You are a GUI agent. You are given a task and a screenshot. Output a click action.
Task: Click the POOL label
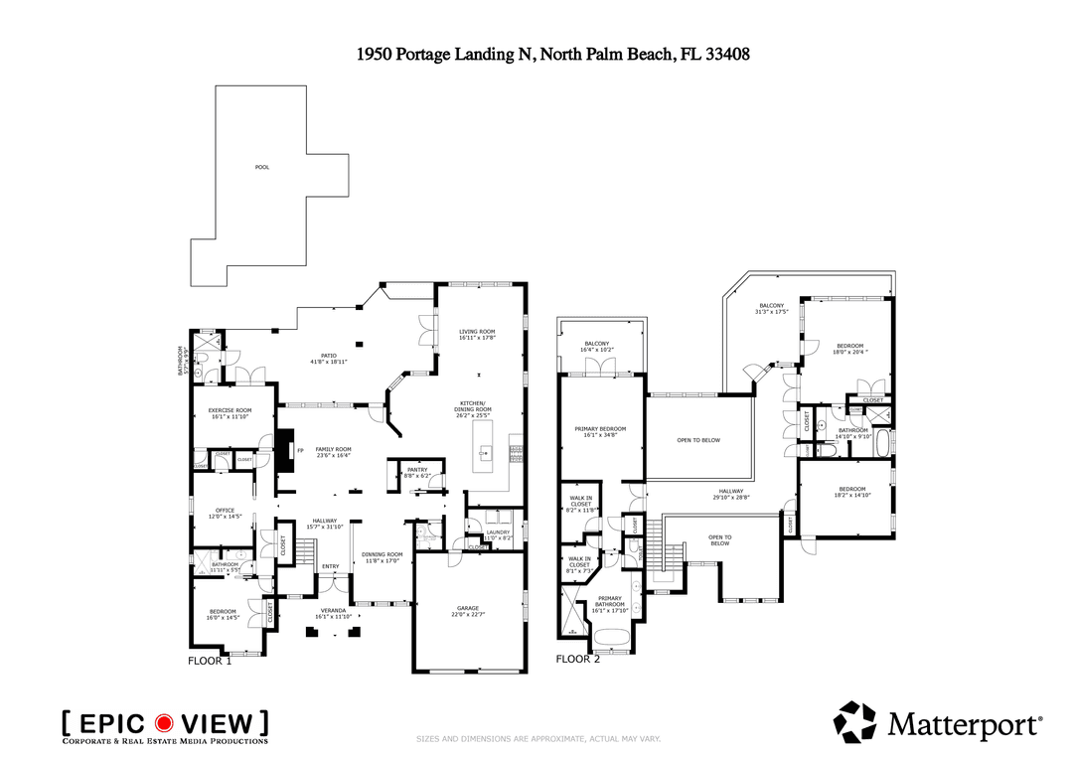pyautogui.click(x=262, y=167)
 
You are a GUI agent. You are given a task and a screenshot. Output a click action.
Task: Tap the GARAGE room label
pyautogui.click(x=468, y=608)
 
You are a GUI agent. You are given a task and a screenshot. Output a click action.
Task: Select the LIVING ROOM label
pyautogui.click(x=477, y=332)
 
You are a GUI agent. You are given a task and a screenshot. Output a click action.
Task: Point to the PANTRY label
pyautogui.click(x=417, y=470)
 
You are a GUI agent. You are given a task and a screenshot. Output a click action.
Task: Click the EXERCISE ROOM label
pyautogui.click(x=229, y=410)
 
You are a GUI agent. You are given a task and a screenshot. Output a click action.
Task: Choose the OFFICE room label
pyautogui.click(x=225, y=511)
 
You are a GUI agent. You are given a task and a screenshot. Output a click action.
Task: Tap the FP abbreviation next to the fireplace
pyautogui.click(x=299, y=450)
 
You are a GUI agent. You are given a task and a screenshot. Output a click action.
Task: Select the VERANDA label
pyautogui.click(x=333, y=610)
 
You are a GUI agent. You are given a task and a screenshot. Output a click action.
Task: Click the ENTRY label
pyautogui.click(x=330, y=567)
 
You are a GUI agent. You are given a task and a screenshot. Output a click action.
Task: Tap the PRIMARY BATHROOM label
pyautogui.click(x=610, y=599)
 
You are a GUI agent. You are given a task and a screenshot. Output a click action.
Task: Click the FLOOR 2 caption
pyautogui.click(x=577, y=659)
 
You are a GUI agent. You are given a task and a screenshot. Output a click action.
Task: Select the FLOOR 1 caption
pyautogui.click(x=210, y=660)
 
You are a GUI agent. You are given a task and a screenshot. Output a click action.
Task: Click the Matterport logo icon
pyautogui.click(x=855, y=722)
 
